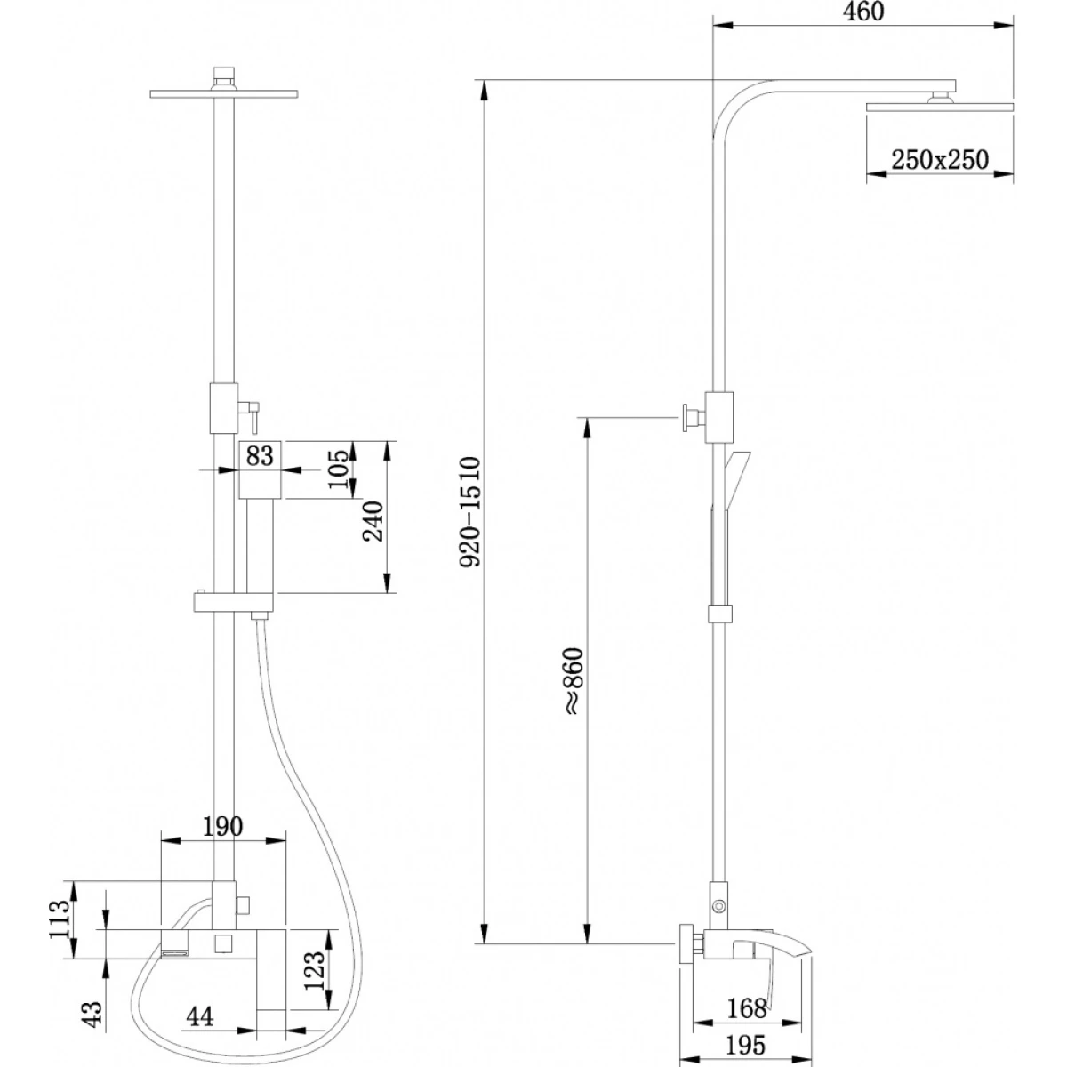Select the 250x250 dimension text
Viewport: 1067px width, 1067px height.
(x=940, y=161)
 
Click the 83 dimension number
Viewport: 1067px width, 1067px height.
(x=259, y=456)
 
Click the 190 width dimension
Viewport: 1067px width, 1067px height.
(x=222, y=827)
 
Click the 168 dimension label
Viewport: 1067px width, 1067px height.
(x=747, y=1009)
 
